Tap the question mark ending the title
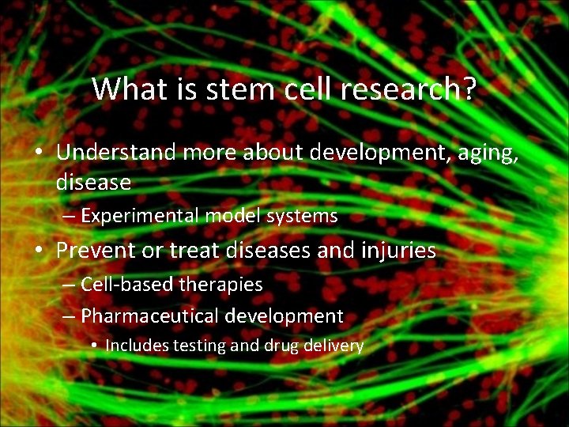[468, 89]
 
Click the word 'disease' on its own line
[93, 183]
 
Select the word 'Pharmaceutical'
[150, 316]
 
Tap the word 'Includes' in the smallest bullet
[133, 346]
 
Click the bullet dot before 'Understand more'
[39, 152]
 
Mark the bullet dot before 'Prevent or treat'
[39, 251]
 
